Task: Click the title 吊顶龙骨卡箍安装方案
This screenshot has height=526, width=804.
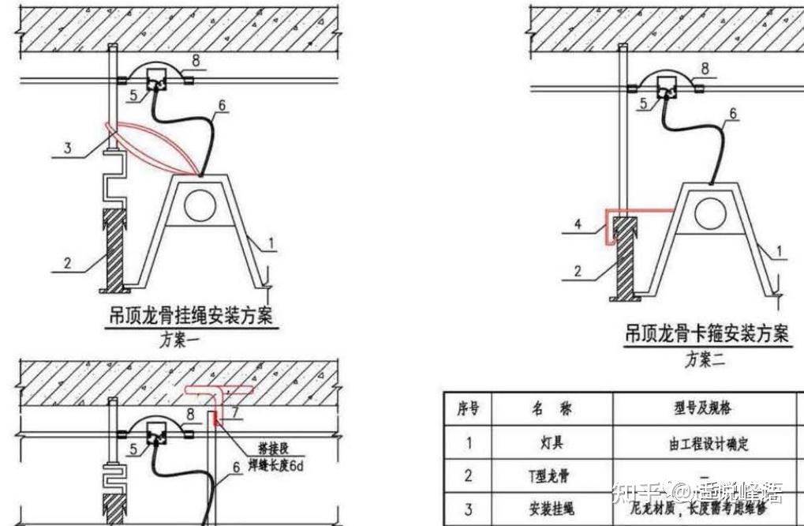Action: click(706, 335)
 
